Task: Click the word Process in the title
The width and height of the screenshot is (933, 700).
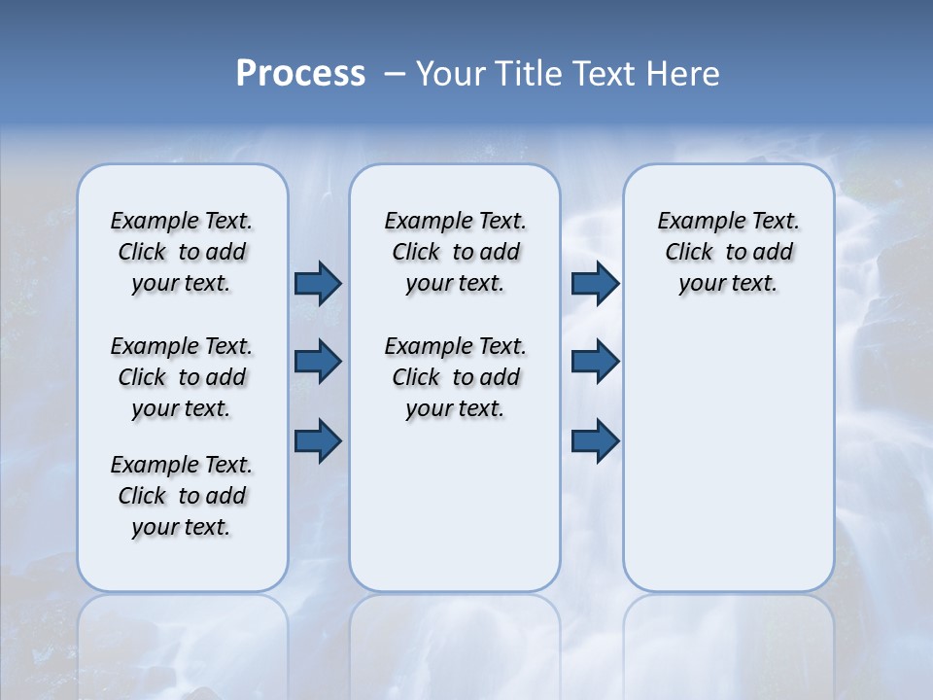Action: click(300, 74)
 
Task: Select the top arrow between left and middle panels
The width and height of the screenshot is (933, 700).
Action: click(318, 283)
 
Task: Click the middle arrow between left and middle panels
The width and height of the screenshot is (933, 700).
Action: click(318, 362)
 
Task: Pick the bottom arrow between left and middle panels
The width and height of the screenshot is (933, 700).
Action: click(318, 440)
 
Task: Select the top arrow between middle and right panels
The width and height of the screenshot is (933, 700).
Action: click(595, 283)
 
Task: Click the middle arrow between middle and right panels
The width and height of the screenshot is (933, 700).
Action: click(595, 362)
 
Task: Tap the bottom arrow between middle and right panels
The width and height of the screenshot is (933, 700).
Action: click(595, 440)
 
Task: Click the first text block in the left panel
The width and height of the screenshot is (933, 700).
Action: click(182, 252)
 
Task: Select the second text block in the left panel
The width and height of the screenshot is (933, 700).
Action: click(182, 377)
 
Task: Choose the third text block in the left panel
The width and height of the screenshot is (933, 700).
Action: click(182, 496)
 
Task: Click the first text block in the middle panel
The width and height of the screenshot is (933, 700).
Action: click(455, 252)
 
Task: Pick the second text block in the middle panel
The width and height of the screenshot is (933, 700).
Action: click(455, 377)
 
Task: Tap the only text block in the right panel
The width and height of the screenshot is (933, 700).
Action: click(728, 252)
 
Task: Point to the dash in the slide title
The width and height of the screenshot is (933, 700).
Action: click(396, 74)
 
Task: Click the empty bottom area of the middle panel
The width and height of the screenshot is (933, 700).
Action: click(455, 515)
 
